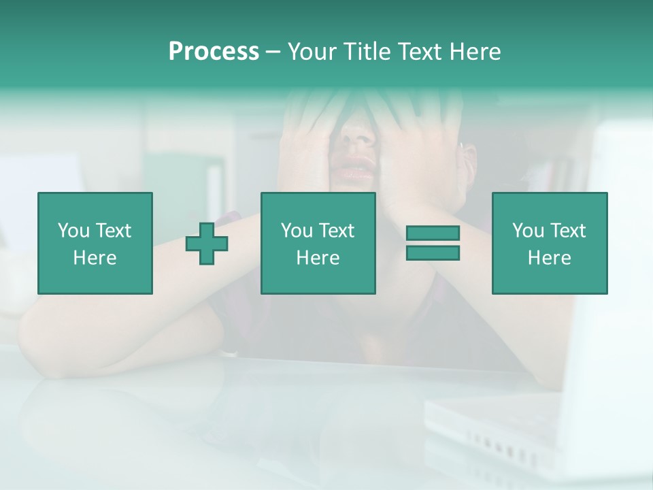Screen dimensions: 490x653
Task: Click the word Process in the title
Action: [x=214, y=52]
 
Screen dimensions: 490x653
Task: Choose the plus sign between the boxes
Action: [x=207, y=243]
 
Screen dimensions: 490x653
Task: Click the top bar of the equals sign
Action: [x=433, y=233]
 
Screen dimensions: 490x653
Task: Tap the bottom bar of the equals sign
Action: [x=433, y=252]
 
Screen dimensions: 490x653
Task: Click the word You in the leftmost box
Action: [x=73, y=231]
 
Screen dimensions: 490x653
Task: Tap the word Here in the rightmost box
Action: [x=549, y=258]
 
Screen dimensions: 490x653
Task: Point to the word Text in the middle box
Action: [x=338, y=231]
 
